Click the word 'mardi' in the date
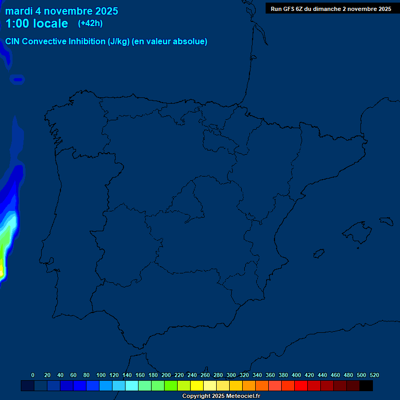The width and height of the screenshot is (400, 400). (19, 11)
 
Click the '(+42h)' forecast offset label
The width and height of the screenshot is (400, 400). (91, 23)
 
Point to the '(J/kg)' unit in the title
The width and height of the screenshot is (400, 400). (119, 42)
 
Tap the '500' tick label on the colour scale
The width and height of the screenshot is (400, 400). (361, 375)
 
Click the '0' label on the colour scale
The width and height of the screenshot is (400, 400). (33, 375)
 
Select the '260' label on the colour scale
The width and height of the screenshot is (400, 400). (205, 375)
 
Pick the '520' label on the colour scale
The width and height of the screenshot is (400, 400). (374, 375)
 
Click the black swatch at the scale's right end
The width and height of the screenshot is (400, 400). (366, 386)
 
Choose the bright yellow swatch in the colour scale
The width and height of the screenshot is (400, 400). (197, 386)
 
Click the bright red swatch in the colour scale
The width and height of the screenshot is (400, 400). (301, 386)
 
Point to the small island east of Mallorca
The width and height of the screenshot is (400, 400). (385, 221)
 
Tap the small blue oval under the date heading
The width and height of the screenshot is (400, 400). (18, 80)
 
